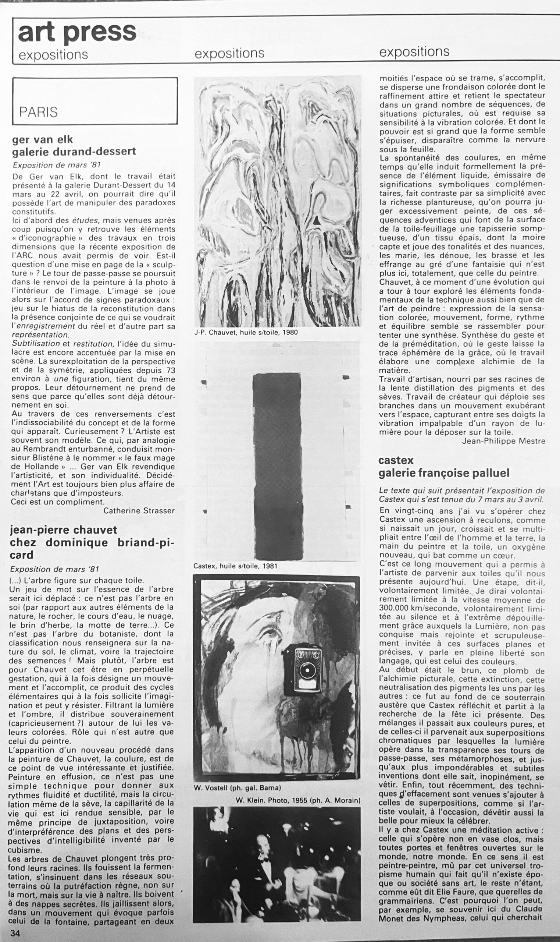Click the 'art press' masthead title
[77, 32]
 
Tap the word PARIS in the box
[39, 112]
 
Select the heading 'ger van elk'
[42, 139]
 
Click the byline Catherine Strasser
[139, 510]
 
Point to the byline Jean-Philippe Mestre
[503, 440]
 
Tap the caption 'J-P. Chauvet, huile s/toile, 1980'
[246, 332]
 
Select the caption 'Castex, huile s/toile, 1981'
[235, 566]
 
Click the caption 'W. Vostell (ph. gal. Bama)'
[238, 787]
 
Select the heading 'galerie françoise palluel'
[444, 473]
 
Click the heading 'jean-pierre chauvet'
[63, 530]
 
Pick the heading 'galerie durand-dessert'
[74, 151]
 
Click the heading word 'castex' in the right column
[396, 460]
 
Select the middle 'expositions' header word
[229, 53]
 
